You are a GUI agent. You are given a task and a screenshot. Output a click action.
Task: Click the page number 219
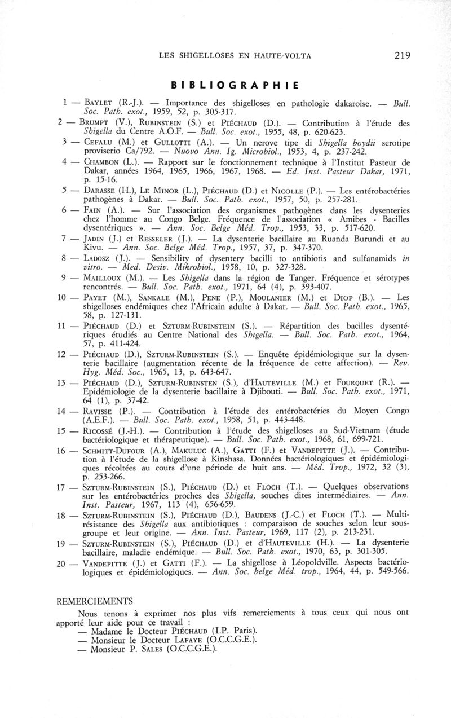pos(403,55)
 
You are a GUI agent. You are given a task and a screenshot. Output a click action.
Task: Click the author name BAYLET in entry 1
pos(100,104)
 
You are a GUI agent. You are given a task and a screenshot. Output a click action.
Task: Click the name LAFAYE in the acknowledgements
pos(170,639)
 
